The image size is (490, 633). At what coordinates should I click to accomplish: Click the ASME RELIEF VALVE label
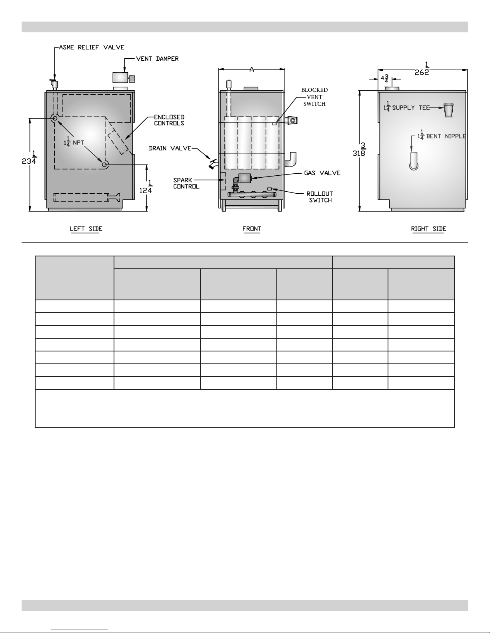pyautogui.click(x=92, y=47)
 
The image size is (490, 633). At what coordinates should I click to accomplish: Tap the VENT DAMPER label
pyautogui.click(x=157, y=59)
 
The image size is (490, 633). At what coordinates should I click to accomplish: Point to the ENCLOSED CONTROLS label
pyautogui.click(x=169, y=120)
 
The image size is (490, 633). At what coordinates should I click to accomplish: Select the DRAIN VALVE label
pyautogui.click(x=170, y=148)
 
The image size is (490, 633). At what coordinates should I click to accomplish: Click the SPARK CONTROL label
pyautogui.click(x=186, y=183)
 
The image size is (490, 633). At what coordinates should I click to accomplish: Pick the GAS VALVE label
pyautogui.click(x=322, y=173)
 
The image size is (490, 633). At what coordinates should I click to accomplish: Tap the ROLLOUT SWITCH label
pyautogui.click(x=320, y=197)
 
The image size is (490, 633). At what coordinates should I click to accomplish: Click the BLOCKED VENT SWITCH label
pyautogui.click(x=314, y=97)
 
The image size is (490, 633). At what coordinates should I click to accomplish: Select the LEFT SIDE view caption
pyautogui.click(x=86, y=229)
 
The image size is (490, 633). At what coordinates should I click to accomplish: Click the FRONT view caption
pyautogui.click(x=252, y=229)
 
